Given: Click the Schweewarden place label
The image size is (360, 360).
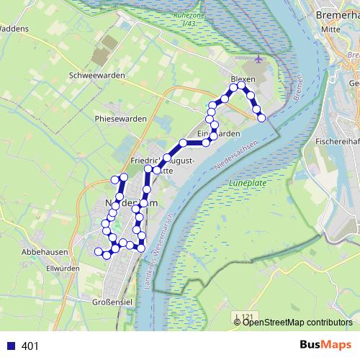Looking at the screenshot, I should tap(96, 75).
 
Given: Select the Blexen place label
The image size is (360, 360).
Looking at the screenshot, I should tap(243, 79).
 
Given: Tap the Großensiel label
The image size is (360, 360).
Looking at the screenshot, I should tap(106, 302).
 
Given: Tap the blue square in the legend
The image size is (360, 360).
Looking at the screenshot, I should tap(11, 346).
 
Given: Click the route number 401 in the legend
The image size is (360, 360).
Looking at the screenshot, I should tap(30, 346).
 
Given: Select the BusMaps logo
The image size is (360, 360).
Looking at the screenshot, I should tap(325, 346).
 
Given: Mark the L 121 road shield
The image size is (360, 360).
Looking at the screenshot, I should tap(246, 317).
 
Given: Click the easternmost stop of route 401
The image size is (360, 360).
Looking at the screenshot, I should tap(261, 117).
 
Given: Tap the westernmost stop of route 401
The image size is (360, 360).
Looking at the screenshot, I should tap(99, 251).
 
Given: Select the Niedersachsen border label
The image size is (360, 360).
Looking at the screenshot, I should tap(238, 155).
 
